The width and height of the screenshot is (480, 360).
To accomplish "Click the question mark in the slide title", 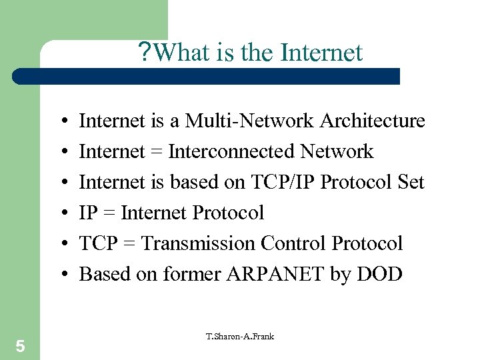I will [x=145, y=52].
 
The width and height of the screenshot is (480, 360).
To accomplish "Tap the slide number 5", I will [x=20, y=346].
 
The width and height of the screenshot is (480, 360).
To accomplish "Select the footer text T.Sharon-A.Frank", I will [x=239, y=336].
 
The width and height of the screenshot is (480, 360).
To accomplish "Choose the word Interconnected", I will [x=231, y=152].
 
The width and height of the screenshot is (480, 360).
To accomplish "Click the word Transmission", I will [x=198, y=243].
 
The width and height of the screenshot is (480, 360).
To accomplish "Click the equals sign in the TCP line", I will [x=129, y=244].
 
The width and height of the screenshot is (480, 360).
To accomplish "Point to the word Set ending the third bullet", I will [x=409, y=182].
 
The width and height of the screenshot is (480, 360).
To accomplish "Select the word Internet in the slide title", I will [x=322, y=52].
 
